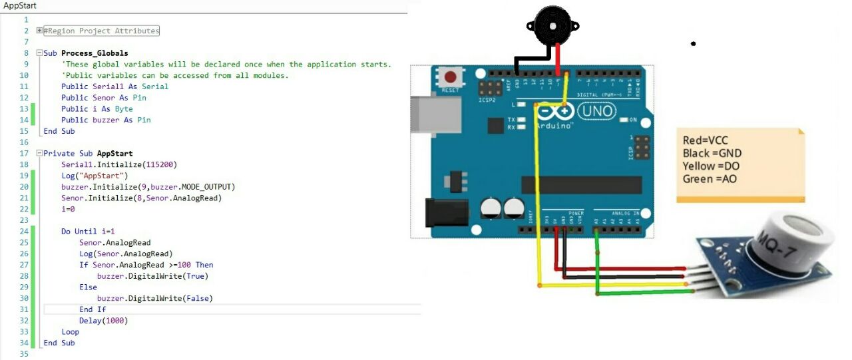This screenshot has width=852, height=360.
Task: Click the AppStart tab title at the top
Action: point(20,5)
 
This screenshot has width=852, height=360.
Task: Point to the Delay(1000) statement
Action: point(103,321)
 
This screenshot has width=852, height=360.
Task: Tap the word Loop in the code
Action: point(70,332)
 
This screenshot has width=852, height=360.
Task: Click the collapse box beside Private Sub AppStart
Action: point(39,153)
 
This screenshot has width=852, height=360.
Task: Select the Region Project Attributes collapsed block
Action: point(101,31)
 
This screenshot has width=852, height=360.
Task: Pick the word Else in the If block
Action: point(88,287)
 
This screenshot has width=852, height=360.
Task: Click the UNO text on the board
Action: point(596,111)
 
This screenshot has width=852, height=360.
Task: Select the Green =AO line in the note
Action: point(710,179)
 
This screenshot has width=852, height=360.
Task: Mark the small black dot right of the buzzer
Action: point(693,44)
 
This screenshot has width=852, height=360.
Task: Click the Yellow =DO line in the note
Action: point(711,166)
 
